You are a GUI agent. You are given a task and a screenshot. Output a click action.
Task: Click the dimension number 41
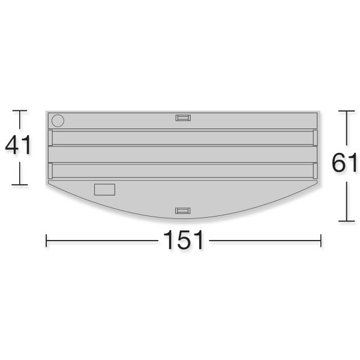coord(18,145)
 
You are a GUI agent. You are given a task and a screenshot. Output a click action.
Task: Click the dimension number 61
coord(344,163)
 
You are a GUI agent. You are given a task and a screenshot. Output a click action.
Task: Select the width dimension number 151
coord(183,240)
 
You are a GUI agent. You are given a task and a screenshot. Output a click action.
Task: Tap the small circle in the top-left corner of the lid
coord(58,121)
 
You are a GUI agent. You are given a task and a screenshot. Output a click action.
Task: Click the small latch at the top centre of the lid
coord(183,118)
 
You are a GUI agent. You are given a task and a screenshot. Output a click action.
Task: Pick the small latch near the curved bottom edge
coord(183,211)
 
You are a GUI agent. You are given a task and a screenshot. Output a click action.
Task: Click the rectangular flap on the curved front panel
coord(104,190)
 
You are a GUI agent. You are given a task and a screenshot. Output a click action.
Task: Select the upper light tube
coord(183,138)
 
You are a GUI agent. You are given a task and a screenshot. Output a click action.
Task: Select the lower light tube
coord(183,171)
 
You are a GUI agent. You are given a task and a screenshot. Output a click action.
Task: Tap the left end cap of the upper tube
coord(50,138)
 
